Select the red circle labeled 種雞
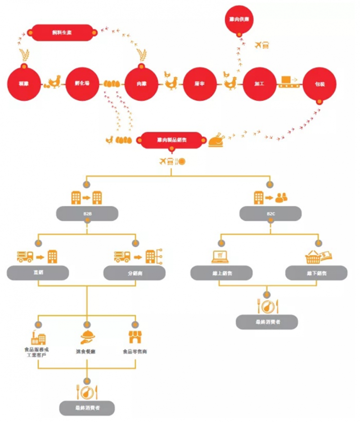(25, 84)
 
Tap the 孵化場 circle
(83, 84)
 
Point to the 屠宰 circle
(199, 84)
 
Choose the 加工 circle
(259, 84)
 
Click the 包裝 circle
(319, 84)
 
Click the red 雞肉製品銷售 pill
(172, 140)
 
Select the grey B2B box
(87, 213)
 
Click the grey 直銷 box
(38, 273)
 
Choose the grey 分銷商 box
(135, 273)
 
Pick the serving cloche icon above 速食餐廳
(86, 337)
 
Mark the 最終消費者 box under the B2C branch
(267, 322)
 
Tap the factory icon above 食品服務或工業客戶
(38, 337)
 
